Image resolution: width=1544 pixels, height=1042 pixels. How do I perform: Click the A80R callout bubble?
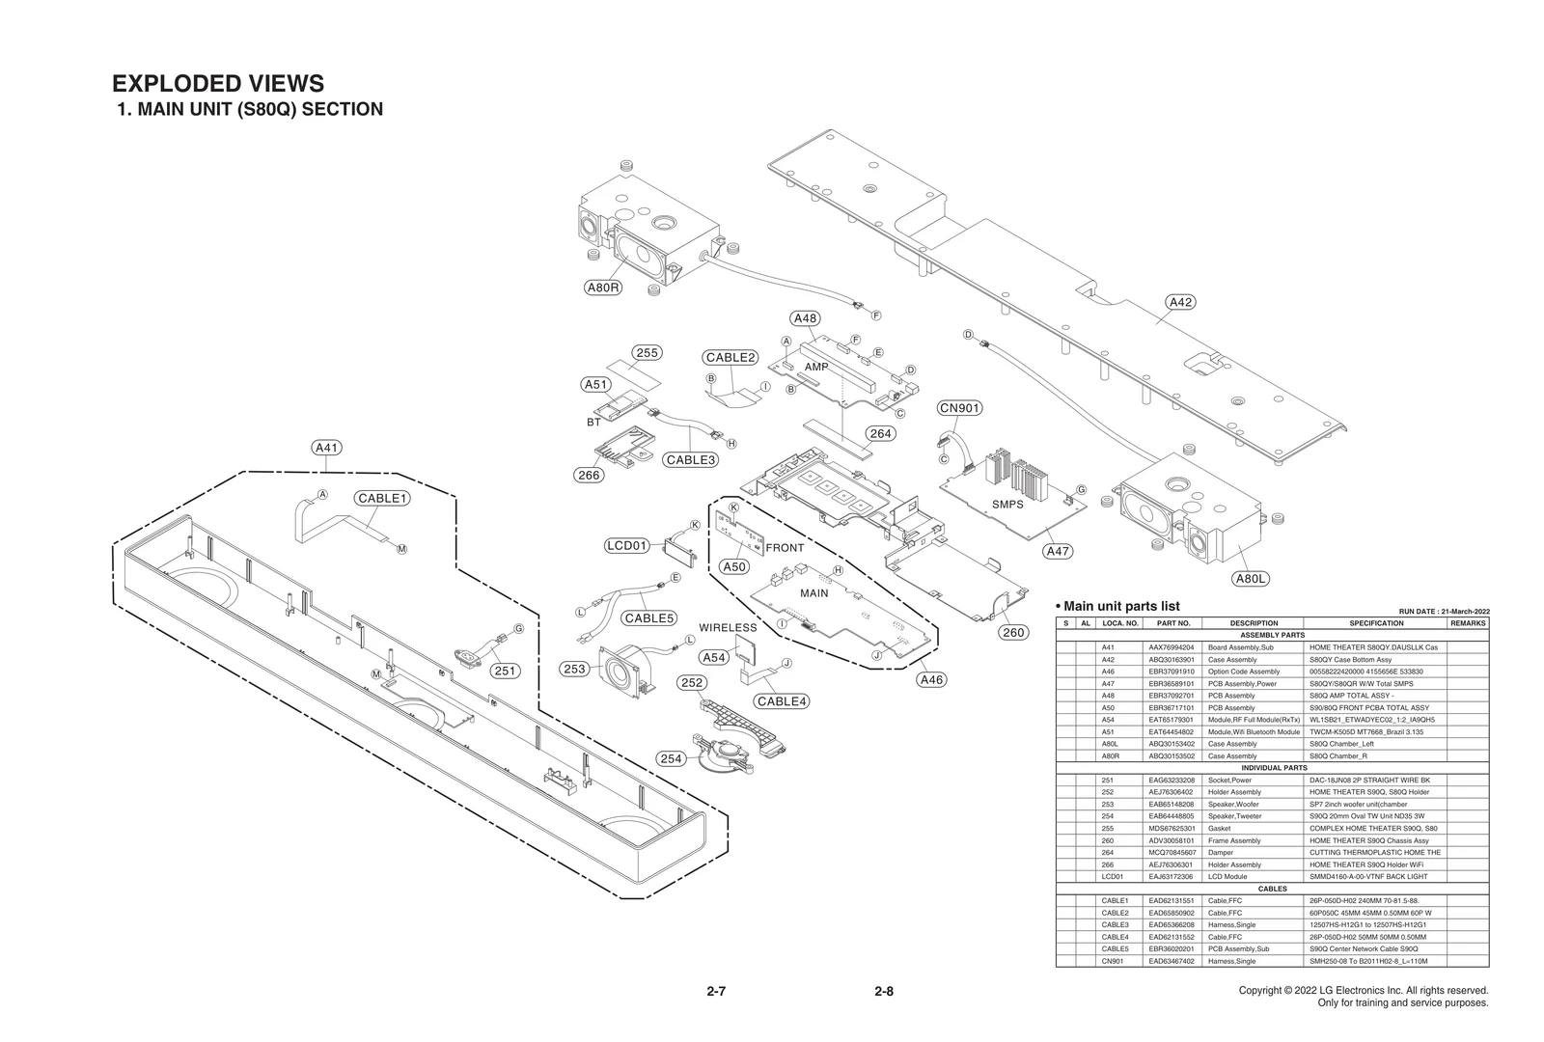[x=604, y=288]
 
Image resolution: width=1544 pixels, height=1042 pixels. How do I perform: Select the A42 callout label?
[x=1180, y=302]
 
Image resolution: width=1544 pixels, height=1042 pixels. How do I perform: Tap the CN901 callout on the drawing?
[x=959, y=408]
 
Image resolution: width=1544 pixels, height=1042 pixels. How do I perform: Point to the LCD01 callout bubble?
[x=627, y=545]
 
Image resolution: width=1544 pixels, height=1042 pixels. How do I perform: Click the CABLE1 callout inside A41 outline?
[x=383, y=499]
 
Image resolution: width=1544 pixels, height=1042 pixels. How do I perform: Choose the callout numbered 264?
[x=880, y=433]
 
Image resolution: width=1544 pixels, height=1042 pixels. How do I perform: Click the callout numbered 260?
[x=1013, y=633]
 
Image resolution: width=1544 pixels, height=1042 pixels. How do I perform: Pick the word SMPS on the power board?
[x=1007, y=505]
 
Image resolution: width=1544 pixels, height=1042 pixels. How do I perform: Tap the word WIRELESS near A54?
[x=728, y=628]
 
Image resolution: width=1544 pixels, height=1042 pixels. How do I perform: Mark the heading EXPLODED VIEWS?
[x=218, y=84]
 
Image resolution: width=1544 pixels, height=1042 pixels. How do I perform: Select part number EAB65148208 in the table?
[x=1172, y=804]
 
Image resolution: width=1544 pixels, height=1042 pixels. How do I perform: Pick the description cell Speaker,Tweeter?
[x=1234, y=816]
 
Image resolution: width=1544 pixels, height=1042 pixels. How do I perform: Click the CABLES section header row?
[x=1272, y=889]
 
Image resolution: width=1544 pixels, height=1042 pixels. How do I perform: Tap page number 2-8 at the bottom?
[x=884, y=991]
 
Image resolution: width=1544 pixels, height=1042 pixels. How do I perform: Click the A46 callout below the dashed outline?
[x=931, y=679]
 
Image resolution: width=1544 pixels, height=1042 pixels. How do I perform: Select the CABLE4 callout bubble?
[x=782, y=701]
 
